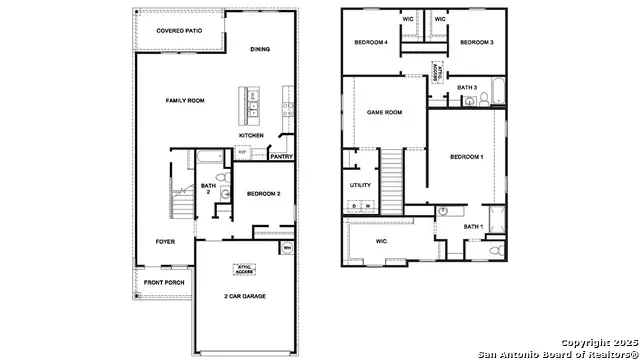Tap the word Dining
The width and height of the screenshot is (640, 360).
click(x=260, y=48)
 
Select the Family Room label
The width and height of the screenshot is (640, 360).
click(x=185, y=100)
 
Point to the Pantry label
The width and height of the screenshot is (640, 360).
click(x=281, y=156)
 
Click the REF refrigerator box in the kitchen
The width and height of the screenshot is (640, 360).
click(x=241, y=152)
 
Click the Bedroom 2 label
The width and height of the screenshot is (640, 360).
click(x=263, y=193)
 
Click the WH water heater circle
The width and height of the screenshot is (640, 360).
click(x=287, y=246)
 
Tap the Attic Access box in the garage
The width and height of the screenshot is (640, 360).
click(x=245, y=268)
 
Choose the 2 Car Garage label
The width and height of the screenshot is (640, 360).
click(x=245, y=296)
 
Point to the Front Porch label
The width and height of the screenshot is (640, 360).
click(x=164, y=283)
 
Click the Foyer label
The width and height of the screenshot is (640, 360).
click(x=164, y=241)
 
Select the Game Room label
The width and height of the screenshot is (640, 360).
click(x=384, y=112)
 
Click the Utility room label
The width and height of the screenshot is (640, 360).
click(x=360, y=184)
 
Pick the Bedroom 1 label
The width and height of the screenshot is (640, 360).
click(x=466, y=157)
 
